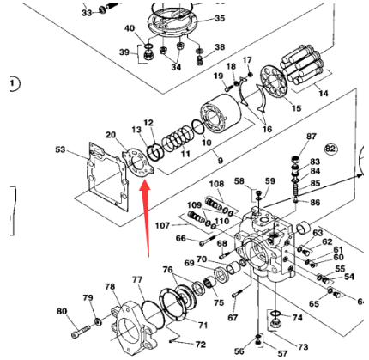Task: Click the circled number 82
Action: click(330, 149)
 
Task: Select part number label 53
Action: click(60, 149)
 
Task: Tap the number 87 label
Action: click(312, 137)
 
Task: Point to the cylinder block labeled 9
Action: click(221, 114)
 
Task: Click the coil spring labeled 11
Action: click(177, 138)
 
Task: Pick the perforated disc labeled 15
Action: click(274, 82)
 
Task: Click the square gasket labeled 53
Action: click(107, 175)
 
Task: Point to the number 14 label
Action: click(324, 94)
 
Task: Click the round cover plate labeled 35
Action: click(172, 22)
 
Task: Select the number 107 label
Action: click(162, 226)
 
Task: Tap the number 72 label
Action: click(201, 344)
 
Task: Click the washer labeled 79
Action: click(98, 321)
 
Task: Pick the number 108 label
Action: click(216, 184)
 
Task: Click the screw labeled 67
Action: click(239, 293)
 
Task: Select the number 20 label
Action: click(111, 135)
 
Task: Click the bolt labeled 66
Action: click(208, 240)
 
